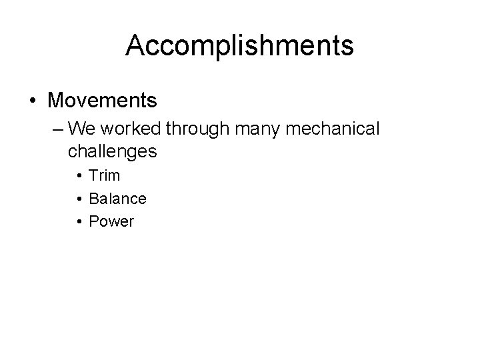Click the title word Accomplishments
tap(239, 46)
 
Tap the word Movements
tap(102, 101)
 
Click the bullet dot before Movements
tap(33, 101)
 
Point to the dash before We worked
tap(55, 127)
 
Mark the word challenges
tap(112, 151)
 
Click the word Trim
tap(104, 176)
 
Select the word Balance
tap(117, 199)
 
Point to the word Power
tap(111, 221)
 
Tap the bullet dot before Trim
tap(79, 177)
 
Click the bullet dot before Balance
tap(79, 199)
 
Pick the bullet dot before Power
tap(79, 222)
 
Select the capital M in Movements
tap(57, 101)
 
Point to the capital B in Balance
tap(93, 199)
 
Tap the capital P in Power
tap(93, 221)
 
